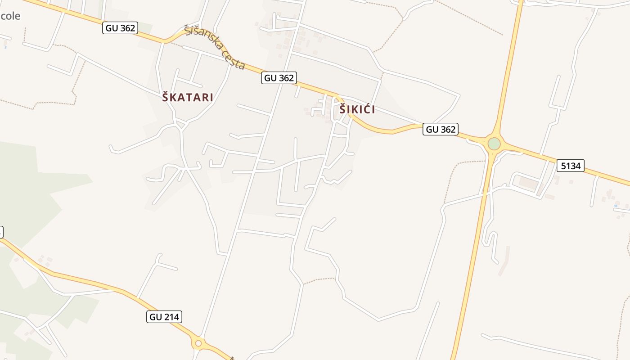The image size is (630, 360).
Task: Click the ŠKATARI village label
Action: point(188,97)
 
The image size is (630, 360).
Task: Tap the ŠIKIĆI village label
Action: point(357,109)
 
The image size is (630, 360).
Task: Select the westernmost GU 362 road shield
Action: point(120,28)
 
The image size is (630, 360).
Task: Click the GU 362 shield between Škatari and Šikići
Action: point(279,78)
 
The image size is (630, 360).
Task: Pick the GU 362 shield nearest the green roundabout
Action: point(441,130)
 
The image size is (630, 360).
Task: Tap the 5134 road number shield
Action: point(570,166)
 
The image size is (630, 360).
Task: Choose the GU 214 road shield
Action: point(164,317)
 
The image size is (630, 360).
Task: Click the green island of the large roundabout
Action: point(494,144)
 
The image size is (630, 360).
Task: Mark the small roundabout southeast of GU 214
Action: point(198,343)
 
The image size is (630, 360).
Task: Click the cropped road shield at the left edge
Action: point(1,232)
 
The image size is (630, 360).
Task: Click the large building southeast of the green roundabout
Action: point(528,183)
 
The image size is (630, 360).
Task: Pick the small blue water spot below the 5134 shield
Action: point(616,206)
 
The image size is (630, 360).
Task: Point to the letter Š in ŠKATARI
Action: point(166,97)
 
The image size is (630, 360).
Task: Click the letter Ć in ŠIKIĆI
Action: point(366,109)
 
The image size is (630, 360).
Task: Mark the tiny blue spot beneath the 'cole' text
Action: point(5,47)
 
